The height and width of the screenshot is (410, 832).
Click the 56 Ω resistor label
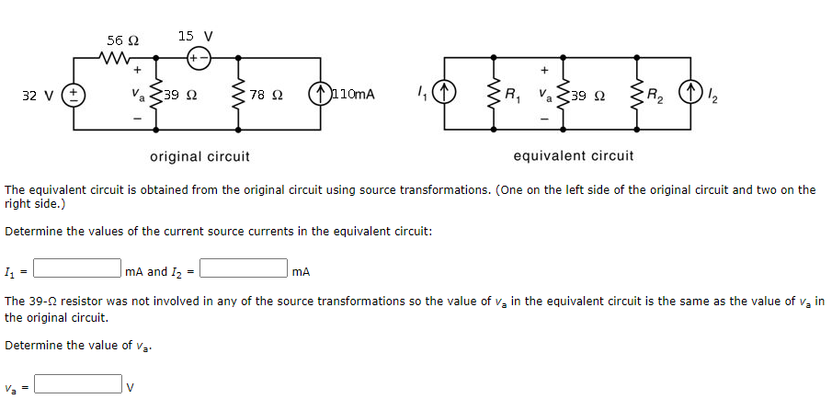pos(122,40)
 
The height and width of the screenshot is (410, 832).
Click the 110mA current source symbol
pos(320,94)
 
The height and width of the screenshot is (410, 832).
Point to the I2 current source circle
pos(689,93)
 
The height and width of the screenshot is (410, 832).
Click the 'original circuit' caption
pos(199,156)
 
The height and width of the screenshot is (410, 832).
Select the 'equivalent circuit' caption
pos(573,156)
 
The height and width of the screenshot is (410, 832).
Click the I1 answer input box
pos(78,269)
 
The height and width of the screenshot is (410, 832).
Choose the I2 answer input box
pos(245,269)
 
